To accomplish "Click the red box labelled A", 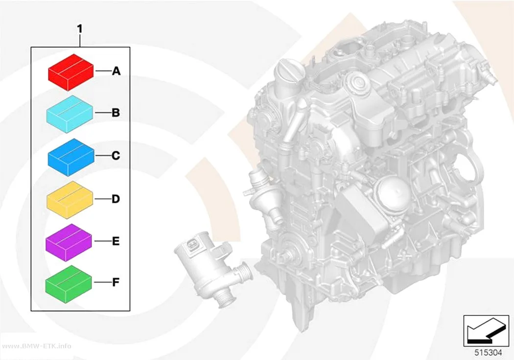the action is click(71, 72).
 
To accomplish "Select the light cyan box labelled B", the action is click(70, 114).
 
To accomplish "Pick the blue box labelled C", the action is click(71, 157).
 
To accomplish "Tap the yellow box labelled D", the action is click(70, 200).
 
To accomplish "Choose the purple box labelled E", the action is click(69, 242).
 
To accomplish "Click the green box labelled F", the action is click(69, 284).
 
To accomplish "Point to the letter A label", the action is click(116, 71).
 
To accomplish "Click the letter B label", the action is click(116, 113).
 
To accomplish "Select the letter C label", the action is click(116, 155).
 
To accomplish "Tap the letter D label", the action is click(116, 199).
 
